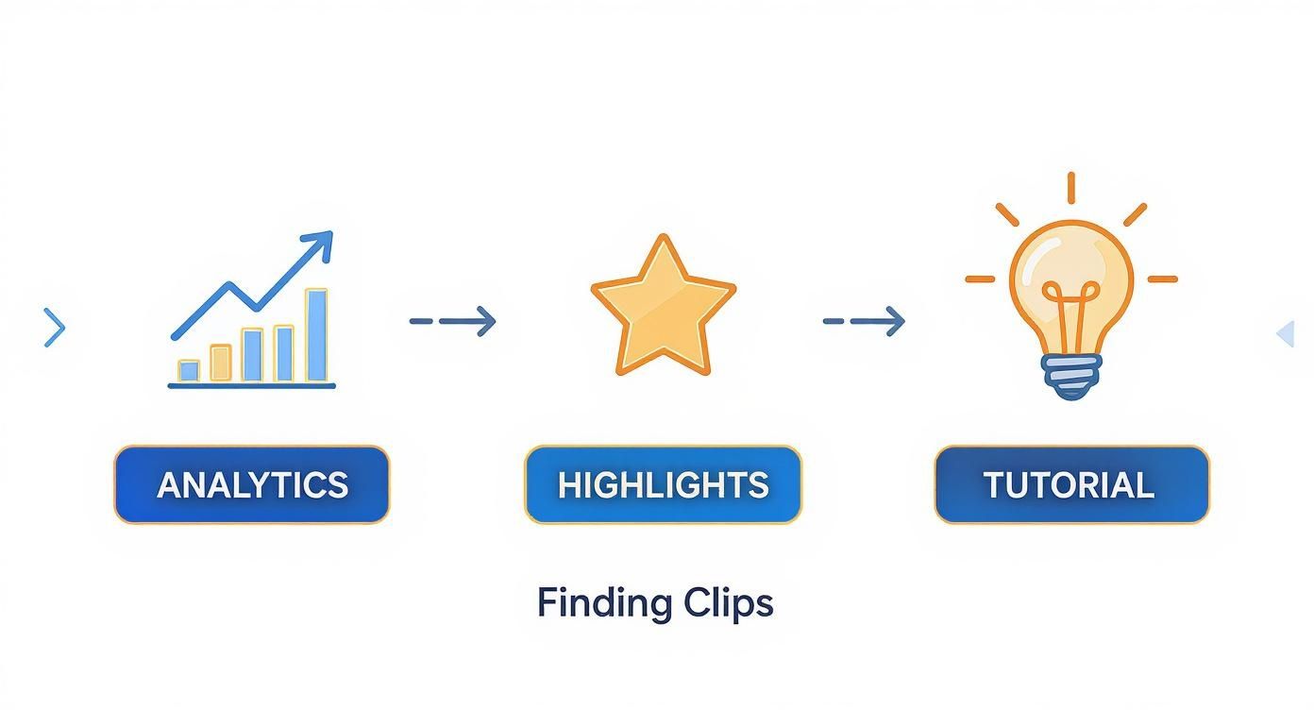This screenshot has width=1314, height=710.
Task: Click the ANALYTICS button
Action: pos(251,484)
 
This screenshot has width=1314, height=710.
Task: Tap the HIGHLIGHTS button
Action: pos(663,484)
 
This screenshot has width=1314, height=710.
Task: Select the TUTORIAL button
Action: pos(1071,484)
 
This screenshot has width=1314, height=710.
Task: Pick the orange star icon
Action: pos(663,307)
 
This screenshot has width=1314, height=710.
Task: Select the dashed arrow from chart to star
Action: pos(452,321)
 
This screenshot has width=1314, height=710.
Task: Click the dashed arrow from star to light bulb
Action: pos(864,321)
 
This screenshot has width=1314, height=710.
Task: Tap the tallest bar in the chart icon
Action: pos(316,335)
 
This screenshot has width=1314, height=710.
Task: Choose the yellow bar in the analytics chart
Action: pos(220,363)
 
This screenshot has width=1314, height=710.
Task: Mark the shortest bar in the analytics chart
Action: pos(189,370)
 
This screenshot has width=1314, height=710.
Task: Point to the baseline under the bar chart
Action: pos(251,385)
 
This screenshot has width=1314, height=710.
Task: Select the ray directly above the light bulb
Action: pos(1071,187)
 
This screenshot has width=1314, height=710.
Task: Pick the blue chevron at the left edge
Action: pos(55,328)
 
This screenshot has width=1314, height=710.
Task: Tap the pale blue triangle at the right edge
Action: pos(1285,332)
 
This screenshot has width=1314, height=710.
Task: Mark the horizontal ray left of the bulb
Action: pos(980,279)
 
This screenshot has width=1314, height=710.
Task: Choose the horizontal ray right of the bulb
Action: pos(1162,279)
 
